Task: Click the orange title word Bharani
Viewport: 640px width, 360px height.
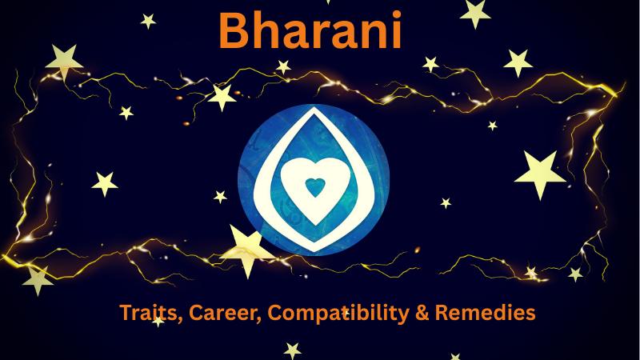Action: point(310,30)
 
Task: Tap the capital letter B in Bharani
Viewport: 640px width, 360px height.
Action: point(234,30)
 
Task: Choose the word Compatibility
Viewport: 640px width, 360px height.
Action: point(338,313)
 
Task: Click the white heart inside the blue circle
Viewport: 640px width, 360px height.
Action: point(314,189)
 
